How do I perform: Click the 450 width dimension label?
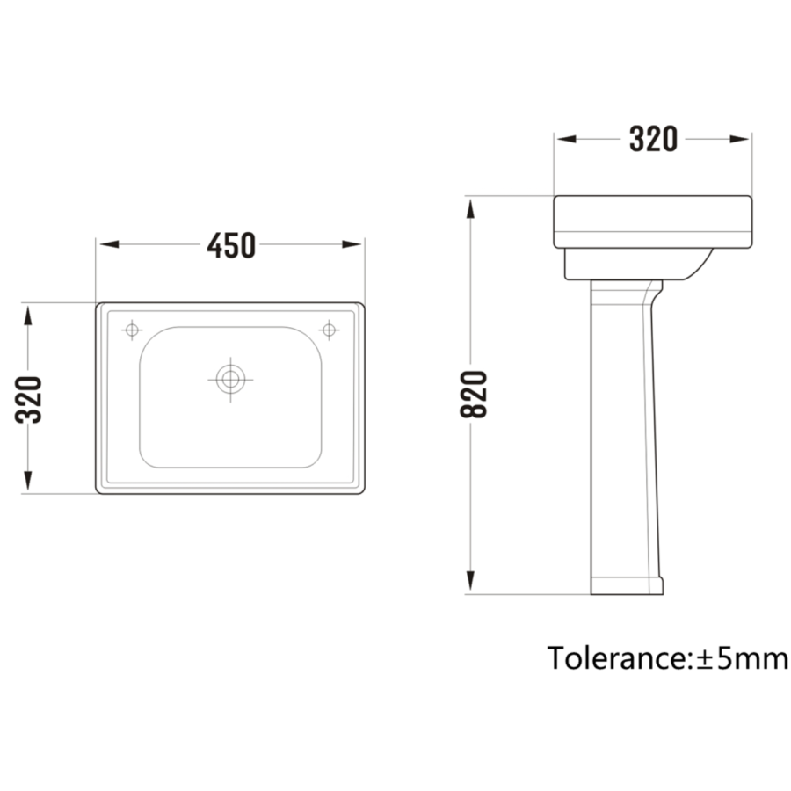(231, 245)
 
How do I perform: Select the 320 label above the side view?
(653, 139)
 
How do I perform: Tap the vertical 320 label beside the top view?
(29, 399)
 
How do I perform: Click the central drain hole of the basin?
(230, 380)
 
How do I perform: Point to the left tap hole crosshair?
(132, 330)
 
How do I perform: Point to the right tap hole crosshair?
(329, 330)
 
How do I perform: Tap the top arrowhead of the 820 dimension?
(472, 208)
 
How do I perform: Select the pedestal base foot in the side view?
(627, 585)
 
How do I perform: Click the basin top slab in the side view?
(652, 221)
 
